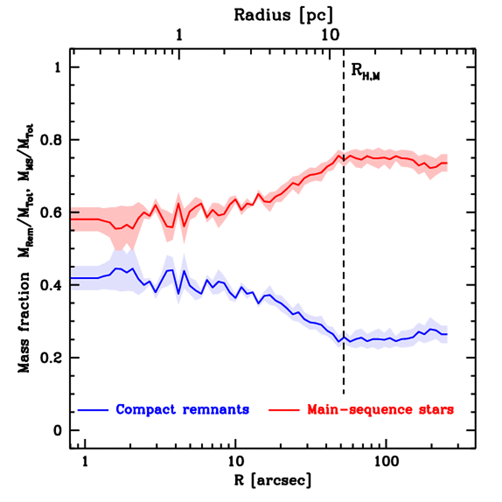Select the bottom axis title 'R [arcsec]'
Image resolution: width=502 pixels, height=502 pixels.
tap(272, 480)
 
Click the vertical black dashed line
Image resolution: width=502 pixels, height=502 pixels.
tap(343, 245)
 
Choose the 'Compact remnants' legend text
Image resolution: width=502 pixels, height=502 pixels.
tap(182, 409)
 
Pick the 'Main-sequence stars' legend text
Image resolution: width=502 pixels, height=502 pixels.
tap(380, 409)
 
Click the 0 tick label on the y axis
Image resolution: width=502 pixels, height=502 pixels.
tap(60, 430)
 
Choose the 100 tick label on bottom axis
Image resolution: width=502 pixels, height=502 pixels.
tap(386, 462)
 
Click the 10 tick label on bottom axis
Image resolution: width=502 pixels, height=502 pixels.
tap(236, 462)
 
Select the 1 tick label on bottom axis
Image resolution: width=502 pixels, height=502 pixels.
tap(85, 462)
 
